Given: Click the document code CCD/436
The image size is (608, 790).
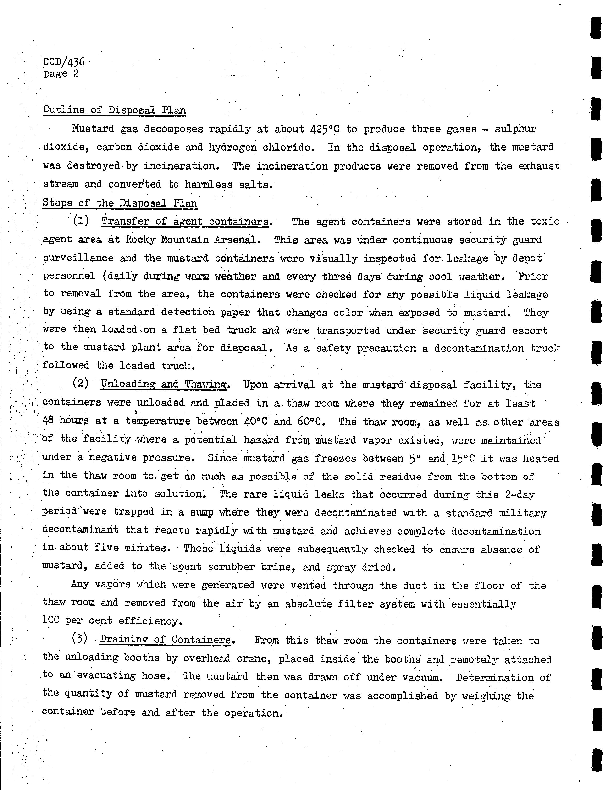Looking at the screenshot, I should pyautogui.click(x=64, y=62).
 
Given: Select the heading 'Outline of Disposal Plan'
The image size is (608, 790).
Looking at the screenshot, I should pyautogui.click(x=114, y=110).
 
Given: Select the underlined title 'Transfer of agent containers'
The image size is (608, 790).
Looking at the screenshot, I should pyautogui.click(x=186, y=221).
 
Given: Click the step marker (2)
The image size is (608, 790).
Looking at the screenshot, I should pyautogui.click(x=81, y=384).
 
